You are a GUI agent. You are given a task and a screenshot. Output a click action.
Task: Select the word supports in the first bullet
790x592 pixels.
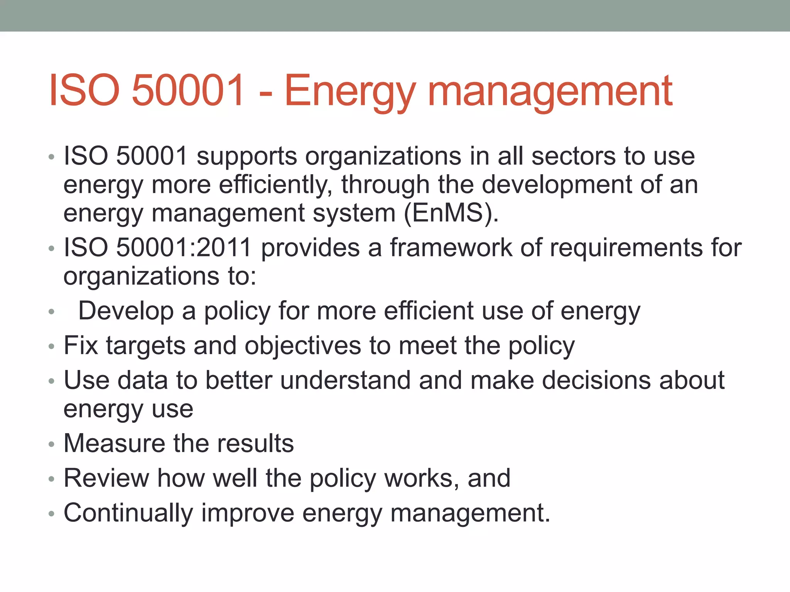click(x=247, y=156)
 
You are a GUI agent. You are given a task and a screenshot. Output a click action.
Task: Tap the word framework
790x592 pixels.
click(x=451, y=247)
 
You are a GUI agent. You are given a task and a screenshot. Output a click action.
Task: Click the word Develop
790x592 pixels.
click(x=126, y=311)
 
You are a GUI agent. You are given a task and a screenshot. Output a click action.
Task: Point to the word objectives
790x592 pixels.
click(x=303, y=345)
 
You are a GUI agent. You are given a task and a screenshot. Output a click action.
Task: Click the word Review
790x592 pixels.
click(x=106, y=478)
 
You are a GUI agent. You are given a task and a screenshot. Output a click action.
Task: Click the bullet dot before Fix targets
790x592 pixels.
click(x=52, y=347)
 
